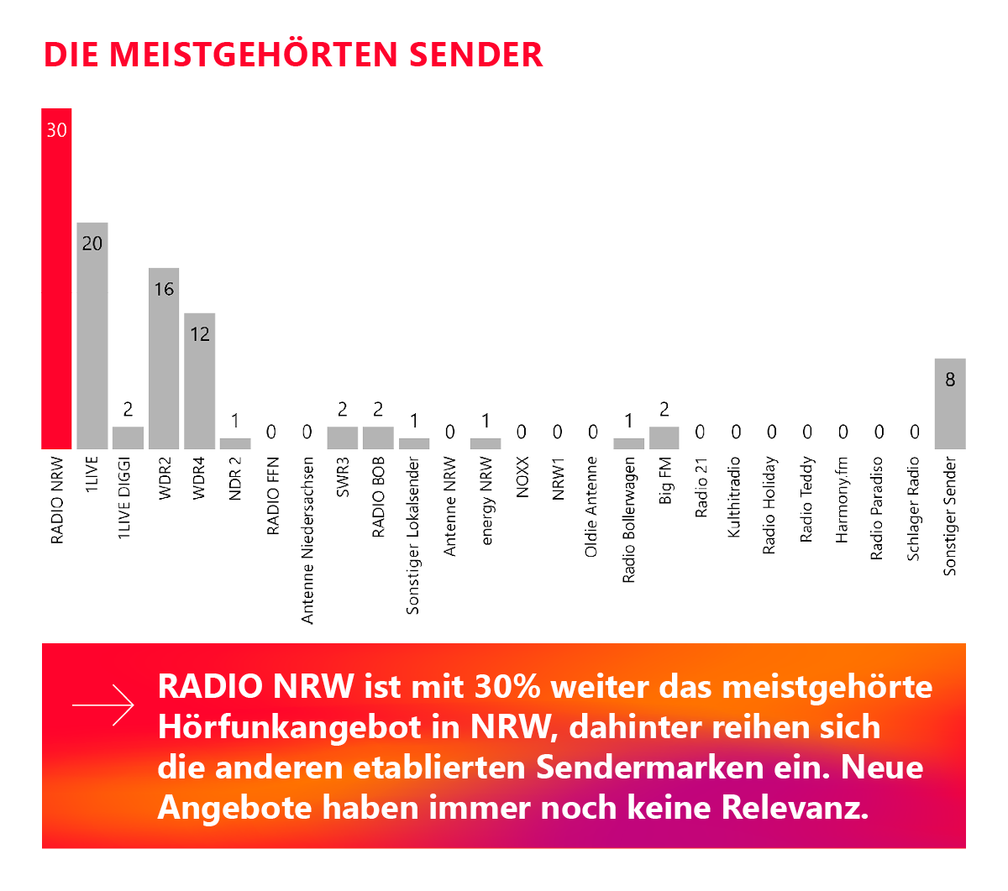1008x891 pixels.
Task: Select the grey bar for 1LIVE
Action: (92, 336)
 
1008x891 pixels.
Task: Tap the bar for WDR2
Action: (164, 361)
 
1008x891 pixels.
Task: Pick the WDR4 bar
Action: (199, 382)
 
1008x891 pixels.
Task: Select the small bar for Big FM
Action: (664, 438)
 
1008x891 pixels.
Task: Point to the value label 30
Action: (56, 130)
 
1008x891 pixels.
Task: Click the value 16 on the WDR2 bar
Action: (164, 290)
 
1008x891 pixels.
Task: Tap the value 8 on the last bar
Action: (950, 380)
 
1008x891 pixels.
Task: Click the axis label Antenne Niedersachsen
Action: (307, 540)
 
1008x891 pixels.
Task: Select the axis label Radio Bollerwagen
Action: (628, 520)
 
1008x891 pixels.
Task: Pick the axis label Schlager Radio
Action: (914, 508)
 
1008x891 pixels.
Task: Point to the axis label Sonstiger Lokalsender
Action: (413, 536)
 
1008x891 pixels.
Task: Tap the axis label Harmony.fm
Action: (843, 500)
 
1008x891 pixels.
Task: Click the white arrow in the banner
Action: (102, 705)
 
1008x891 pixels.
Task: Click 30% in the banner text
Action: (507, 687)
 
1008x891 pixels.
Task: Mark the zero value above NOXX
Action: (522, 432)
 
